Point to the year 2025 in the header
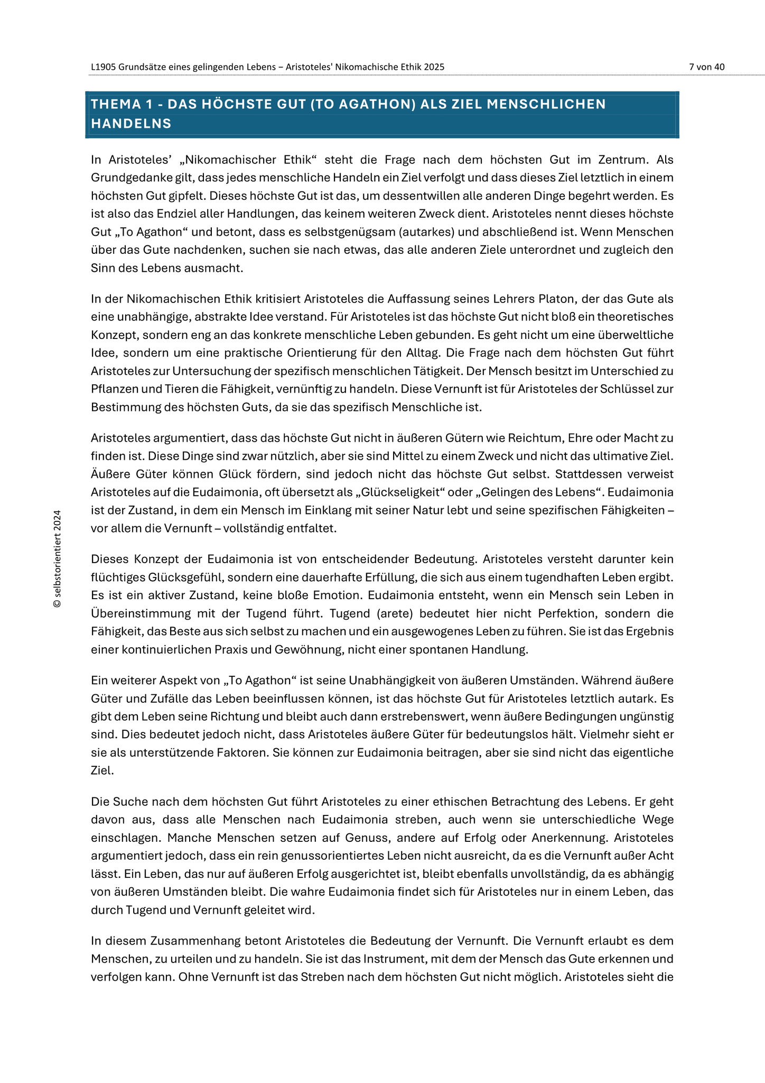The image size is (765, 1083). click(435, 67)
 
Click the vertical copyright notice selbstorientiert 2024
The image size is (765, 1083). click(58, 558)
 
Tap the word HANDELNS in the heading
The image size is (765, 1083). click(131, 124)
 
